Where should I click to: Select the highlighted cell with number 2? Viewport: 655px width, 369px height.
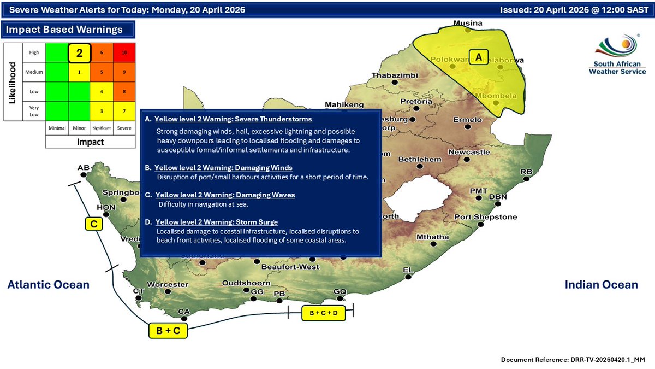(79, 52)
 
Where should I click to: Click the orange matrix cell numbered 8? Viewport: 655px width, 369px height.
(125, 91)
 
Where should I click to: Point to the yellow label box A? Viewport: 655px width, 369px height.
(479, 57)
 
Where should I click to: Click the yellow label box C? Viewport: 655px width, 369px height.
(94, 224)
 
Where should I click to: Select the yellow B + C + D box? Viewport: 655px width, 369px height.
(323, 313)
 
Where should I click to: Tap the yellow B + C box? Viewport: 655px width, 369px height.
(169, 331)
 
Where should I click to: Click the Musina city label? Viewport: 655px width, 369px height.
(468, 24)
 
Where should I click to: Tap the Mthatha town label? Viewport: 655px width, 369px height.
(432, 237)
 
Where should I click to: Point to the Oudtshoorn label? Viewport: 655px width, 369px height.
(246, 283)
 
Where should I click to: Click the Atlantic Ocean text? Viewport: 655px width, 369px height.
(48, 284)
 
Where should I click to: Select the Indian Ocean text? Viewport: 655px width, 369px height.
(600, 284)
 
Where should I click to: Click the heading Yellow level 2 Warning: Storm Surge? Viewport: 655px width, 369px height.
(216, 222)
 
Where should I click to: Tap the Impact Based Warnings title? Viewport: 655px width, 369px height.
(64, 30)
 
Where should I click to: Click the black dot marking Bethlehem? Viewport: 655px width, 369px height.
(419, 166)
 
